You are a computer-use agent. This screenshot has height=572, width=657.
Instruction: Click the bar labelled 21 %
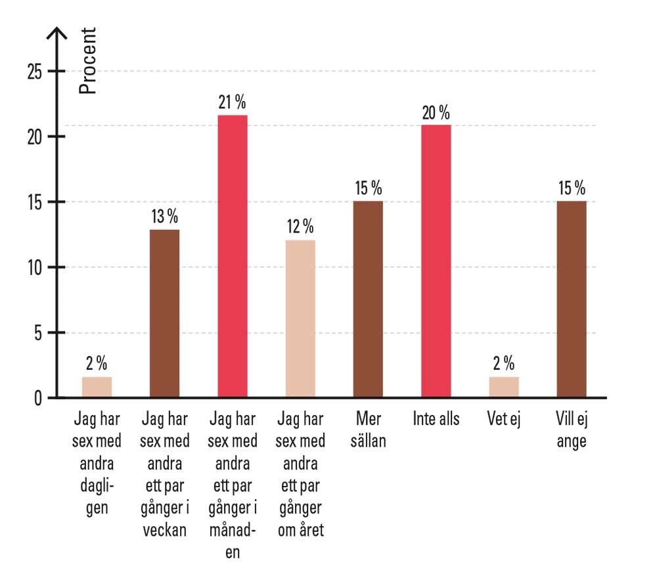(233, 256)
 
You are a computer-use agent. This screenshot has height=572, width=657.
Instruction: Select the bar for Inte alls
(436, 261)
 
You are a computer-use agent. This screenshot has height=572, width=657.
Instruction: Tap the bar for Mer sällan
(368, 299)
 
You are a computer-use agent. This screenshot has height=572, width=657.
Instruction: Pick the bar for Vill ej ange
(571, 299)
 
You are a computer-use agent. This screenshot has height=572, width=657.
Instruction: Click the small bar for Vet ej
(503, 387)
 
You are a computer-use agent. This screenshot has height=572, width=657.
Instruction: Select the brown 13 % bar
(164, 313)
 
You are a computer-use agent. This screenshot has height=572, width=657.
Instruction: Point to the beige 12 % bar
(300, 319)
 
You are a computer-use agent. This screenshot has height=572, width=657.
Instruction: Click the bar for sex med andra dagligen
(97, 387)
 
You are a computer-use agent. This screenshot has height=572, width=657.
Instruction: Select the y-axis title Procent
(87, 61)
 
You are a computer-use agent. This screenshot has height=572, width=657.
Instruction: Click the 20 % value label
(436, 113)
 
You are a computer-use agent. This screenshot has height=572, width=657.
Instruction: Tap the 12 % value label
(300, 229)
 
